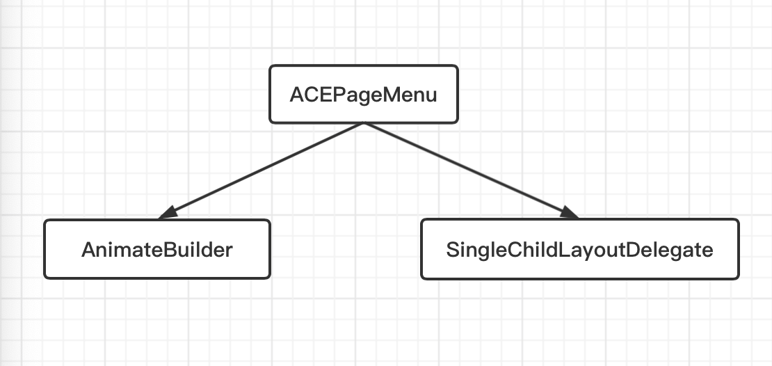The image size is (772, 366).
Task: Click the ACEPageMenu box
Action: click(364, 94)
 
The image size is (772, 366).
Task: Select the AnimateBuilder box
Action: click(157, 249)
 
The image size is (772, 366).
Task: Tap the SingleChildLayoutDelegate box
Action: click(580, 249)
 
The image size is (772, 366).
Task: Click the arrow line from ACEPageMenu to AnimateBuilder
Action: click(261, 170)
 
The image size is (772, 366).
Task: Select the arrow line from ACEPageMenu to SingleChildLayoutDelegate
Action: click(471, 170)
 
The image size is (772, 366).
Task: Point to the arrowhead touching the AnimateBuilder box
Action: click(168, 213)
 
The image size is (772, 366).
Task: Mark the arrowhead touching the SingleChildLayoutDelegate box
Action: click(569, 212)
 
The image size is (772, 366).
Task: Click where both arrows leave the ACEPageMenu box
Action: click(364, 123)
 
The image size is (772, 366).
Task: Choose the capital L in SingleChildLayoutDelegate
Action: click(565, 250)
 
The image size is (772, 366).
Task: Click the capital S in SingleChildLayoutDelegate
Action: click(453, 250)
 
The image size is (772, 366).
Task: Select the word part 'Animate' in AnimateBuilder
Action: click(122, 250)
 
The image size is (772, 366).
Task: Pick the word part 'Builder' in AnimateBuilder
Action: click(198, 250)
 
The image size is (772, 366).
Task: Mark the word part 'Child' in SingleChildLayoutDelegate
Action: click(533, 250)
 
